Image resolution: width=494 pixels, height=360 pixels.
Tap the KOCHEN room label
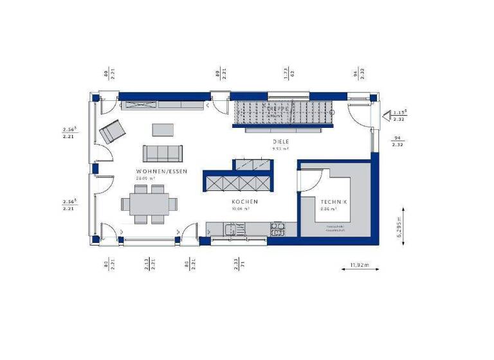245,202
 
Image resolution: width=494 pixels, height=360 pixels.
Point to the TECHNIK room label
333,202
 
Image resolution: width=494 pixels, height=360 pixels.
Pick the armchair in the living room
113,132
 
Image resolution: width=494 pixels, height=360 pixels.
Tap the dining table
149,204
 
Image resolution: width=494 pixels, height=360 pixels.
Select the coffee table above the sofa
163,129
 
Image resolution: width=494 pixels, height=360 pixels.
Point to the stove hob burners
278,226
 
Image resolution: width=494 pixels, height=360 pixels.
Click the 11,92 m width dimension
359,264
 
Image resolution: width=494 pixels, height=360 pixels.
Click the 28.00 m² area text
145,178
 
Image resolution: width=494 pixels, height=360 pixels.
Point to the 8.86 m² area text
329,209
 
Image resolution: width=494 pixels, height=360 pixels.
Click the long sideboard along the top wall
163,105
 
